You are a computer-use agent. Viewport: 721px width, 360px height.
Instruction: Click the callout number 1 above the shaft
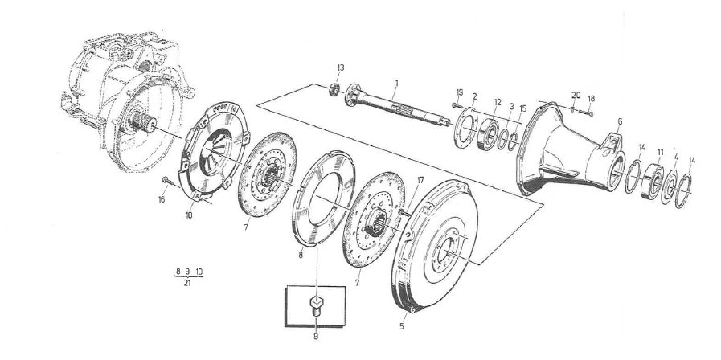pyautogui.click(x=395, y=83)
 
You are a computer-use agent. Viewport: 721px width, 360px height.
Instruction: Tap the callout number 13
pyautogui.click(x=340, y=67)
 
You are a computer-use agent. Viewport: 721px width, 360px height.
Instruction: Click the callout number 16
pyautogui.click(x=162, y=200)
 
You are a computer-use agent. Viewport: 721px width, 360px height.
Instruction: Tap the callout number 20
pyautogui.click(x=576, y=95)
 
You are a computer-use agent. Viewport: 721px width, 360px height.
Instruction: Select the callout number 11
pyautogui.click(x=660, y=151)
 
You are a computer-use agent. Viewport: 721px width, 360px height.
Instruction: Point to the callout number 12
pyautogui.click(x=498, y=102)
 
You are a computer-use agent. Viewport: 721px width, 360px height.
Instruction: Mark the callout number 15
pyautogui.click(x=522, y=108)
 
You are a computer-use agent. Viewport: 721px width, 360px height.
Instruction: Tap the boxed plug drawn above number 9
pyautogui.click(x=317, y=304)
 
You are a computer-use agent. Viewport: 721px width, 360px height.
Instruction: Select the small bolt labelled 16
pyautogui.click(x=165, y=179)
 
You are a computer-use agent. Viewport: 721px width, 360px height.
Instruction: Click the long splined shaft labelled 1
pyautogui.click(x=402, y=112)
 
